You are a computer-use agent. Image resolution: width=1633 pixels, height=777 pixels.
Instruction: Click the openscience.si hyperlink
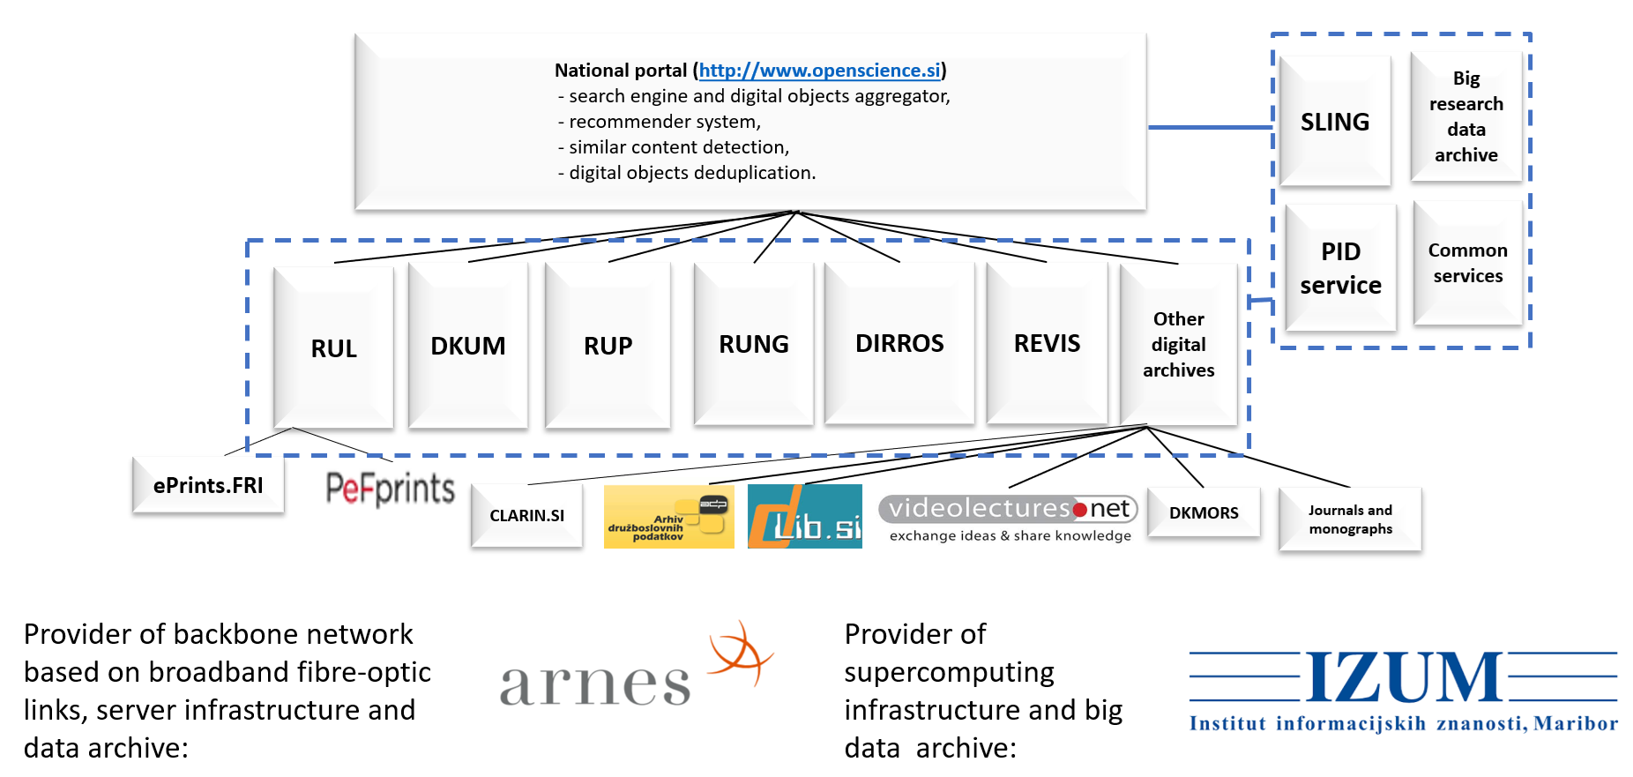(x=820, y=71)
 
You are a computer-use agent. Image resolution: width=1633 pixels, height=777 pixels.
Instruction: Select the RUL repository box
(x=333, y=347)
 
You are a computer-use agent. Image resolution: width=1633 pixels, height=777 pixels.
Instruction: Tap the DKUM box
(x=468, y=346)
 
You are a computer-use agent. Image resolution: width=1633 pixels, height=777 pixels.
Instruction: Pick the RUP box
(x=608, y=346)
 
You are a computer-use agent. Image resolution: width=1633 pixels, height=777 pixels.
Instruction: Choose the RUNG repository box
(x=754, y=344)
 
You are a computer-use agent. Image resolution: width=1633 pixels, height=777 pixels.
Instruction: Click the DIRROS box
(x=899, y=343)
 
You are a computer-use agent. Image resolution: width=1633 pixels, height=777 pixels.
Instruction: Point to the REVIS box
(x=1047, y=343)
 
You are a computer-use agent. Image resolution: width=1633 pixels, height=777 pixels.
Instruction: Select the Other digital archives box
(x=1178, y=344)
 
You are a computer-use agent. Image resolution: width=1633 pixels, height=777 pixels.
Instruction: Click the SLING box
(x=1335, y=122)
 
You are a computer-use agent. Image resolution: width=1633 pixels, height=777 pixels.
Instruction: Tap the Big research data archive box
(x=1466, y=116)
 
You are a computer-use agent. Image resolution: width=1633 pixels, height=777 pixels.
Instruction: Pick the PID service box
(x=1340, y=268)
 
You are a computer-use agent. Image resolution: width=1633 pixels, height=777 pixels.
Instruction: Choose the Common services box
(x=1468, y=263)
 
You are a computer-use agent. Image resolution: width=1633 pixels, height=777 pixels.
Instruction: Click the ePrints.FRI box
(x=208, y=485)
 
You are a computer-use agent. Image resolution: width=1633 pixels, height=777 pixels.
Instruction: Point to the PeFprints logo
(x=390, y=489)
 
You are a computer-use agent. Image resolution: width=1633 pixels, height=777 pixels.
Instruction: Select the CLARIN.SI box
(x=526, y=516)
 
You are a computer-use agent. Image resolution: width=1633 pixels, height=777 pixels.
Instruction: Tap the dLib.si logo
(x=804, y=517)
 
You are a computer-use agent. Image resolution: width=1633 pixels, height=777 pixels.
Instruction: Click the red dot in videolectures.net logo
(x=1079, y=510)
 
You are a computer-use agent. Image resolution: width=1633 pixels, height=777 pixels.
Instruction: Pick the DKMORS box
(x=1204, y=512)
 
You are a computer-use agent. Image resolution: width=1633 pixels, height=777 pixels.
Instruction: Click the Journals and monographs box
(x=1350, y=519)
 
